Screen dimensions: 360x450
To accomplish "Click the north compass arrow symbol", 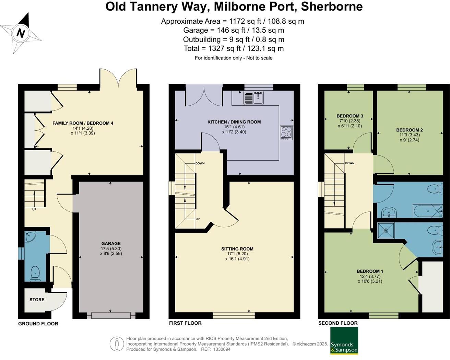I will pyautogui.click(x=21, y=33).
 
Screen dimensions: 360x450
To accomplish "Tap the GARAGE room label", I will pyautogui.click(x=111, y=243).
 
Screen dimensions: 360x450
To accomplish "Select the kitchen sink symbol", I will pyautogui.click(x=253, y=97).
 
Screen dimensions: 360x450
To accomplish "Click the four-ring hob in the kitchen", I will pyautogui.click(x=286, y=133).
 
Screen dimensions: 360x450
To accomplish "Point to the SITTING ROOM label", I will pyautogui.click(x=237, y=249).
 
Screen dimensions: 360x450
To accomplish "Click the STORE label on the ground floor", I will pyautogui.click(x=37, y=300).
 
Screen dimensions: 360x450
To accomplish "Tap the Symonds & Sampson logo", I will pyautogui.click(x=344, y=340).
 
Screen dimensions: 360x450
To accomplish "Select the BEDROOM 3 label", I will pyautogui.click(x=350, y=116).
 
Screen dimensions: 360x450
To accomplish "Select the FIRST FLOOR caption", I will pyautogui.click(x=185, y=323).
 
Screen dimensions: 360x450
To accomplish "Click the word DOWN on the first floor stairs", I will pyautogui.click(x=200, y=163).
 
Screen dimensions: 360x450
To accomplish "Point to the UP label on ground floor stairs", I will pyautogui.click(x=34, y=209).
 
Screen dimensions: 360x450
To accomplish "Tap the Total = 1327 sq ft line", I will pyautogui.click(x=233, y=48).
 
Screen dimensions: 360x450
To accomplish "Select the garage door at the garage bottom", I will pyautogui.click(x=111, y=315).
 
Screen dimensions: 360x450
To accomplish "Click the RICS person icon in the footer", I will pyautogui.click(x=117, y=344).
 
